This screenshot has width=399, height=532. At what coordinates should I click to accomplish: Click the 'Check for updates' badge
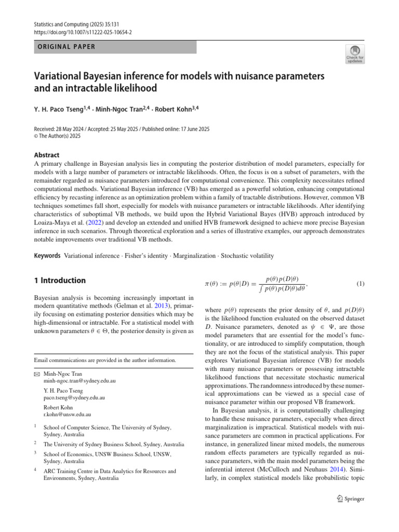354,53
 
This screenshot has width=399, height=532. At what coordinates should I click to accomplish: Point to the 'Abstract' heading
46,155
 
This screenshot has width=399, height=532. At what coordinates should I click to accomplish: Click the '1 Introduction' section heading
60,281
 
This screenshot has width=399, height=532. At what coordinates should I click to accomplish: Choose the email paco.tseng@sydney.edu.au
74,397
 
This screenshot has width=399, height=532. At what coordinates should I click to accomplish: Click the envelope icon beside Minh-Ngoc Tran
37,374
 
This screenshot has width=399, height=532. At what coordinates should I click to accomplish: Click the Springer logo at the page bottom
351,499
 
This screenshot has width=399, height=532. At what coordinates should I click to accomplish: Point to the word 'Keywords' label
47,256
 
